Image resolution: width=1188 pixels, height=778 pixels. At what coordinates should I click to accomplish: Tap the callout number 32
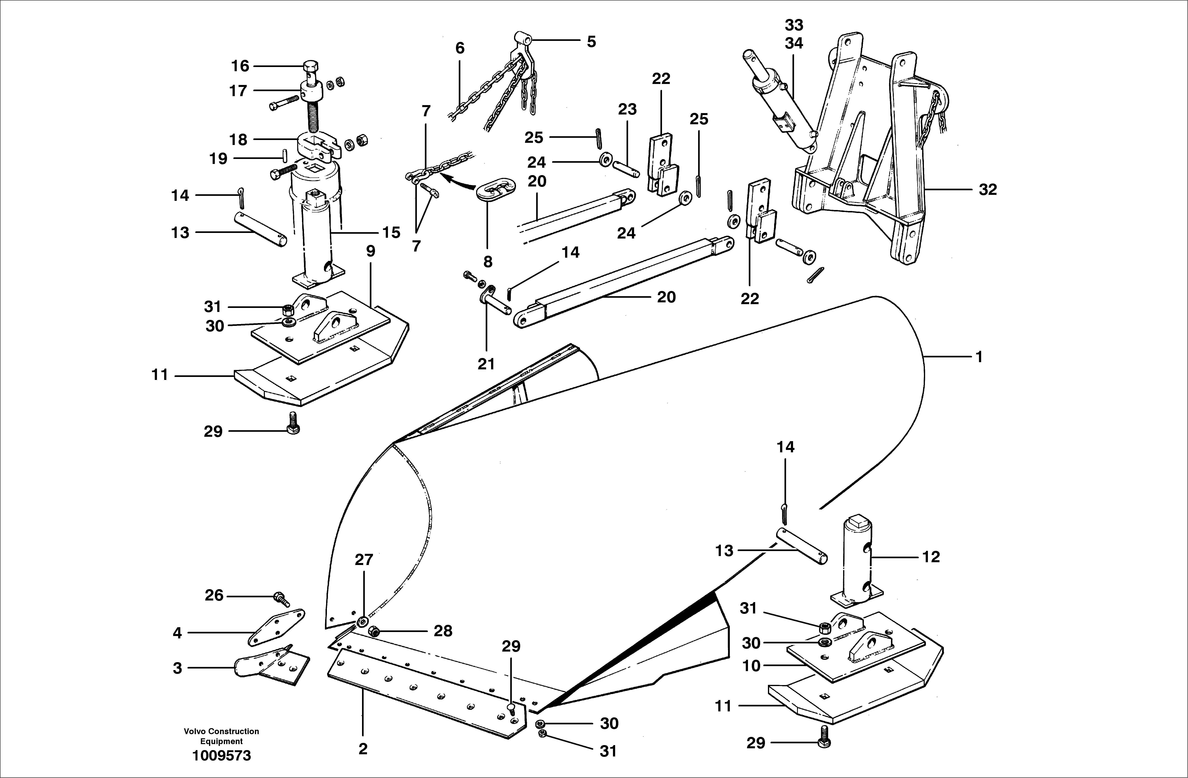pyautogui.click(x=987, y=190)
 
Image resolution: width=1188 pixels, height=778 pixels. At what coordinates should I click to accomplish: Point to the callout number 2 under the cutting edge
pyautogui.click(x=363, y=748)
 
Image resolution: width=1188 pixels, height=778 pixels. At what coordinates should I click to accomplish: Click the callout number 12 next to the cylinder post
pyautogui.click(x=930, y=556)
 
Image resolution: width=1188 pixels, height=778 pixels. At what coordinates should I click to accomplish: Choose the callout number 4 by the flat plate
pyautogui.click(x=177, y=633)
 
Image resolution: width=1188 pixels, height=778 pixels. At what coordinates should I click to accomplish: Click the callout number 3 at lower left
pyautogui.click(x=177, y=668)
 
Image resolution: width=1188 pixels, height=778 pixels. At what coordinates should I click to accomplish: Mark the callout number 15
pyautogui.click(x=391, y=233)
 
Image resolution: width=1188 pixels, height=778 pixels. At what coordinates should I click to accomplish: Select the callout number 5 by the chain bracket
pyautogui.click(x=591, y=42)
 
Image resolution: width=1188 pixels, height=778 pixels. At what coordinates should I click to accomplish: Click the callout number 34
pyautogui.click(x=794, y=43)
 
